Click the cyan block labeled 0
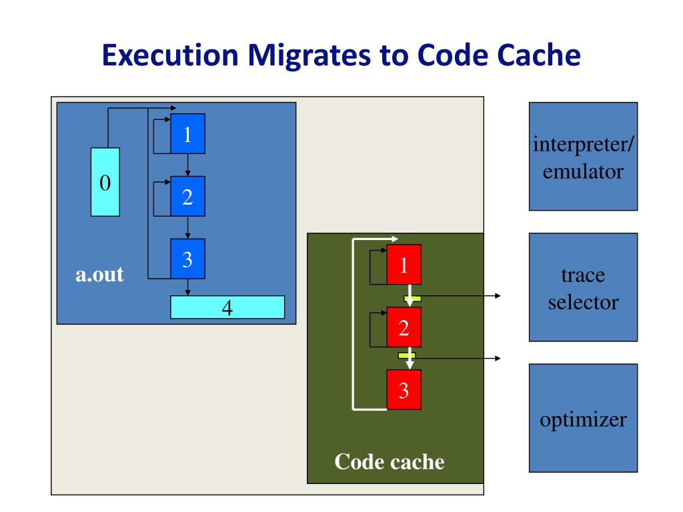(x=105, y=182)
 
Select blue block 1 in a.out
(x=187, y=133)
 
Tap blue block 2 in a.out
(x=187, y=197)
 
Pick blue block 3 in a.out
(x=187, y=259)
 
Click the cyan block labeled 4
(x=227, y=307)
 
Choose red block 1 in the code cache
(x=404, y=265)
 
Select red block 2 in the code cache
(x=404, y=327)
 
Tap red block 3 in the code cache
(x=404, y=389)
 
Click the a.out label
(x=99, y=274)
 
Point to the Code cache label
(x=390, y=461)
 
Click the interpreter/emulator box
(x=583, y=157)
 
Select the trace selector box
(x=583, y=287)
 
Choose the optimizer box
(x=583, y=418)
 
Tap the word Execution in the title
(x=170, y=55)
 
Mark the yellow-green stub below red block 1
(x=412, y=299)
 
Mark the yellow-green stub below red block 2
(x=407, y=356)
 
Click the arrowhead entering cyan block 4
(x=187, y=293)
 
